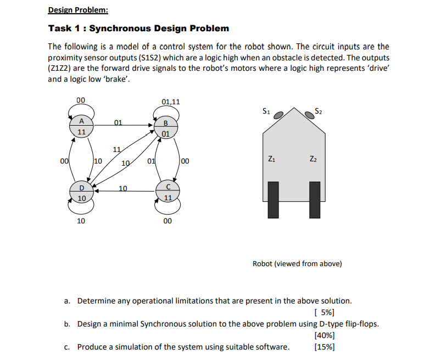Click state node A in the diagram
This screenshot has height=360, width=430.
[81, 127]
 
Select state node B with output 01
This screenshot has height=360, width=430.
[166, 127]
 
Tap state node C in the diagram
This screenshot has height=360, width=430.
[167, 193]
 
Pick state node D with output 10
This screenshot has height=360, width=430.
[81, 194]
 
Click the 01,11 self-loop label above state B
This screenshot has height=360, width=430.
[171, 102]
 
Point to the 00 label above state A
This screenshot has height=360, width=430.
[81, 100]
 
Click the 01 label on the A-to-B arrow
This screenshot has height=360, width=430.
[118, 122]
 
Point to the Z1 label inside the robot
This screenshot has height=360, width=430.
[272, 160]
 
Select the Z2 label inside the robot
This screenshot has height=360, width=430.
[314, 160]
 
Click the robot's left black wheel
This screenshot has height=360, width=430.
[273, 200]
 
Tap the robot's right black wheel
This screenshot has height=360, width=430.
[315, 200]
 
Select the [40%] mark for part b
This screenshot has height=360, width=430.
[324, 335]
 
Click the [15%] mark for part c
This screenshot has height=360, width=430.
[324, 347]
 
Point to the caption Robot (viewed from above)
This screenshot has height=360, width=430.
[297, 263]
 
